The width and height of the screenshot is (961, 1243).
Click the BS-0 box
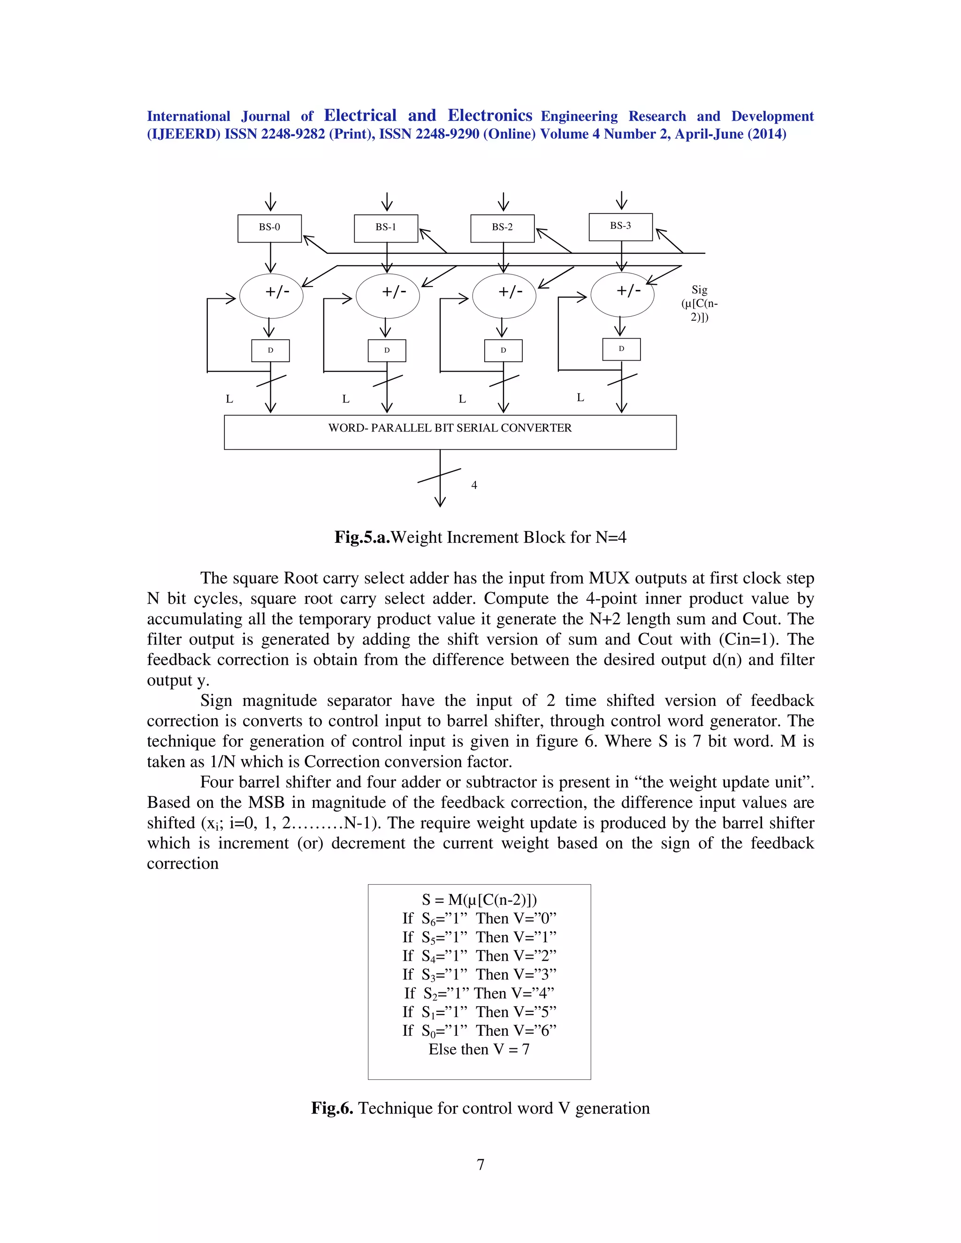(x=269, y=227)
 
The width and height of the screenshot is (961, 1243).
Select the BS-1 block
(x=386, y=227)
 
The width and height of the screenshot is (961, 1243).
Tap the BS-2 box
(x=502, y=227)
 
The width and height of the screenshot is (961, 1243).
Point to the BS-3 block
(x=620, y=227)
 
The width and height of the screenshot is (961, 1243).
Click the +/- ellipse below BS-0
(x=271, y=296)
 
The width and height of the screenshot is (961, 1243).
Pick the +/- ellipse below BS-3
(x=622, y=294)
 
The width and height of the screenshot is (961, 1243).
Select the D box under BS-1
(x=387, y=350)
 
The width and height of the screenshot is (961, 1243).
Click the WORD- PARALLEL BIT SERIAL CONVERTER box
(x=450, y=432)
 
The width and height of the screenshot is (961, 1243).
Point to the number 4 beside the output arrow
(x=473, y=485)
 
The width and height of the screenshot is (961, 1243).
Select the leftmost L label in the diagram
(x=229, y=399)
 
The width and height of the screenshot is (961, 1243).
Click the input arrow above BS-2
(x=503, y=202)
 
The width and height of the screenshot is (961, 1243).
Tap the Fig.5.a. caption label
(x=362, y=537)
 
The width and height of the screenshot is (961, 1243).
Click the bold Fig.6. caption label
(x=333, y=1108)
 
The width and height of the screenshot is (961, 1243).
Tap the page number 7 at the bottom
(x=480, y=1165)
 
